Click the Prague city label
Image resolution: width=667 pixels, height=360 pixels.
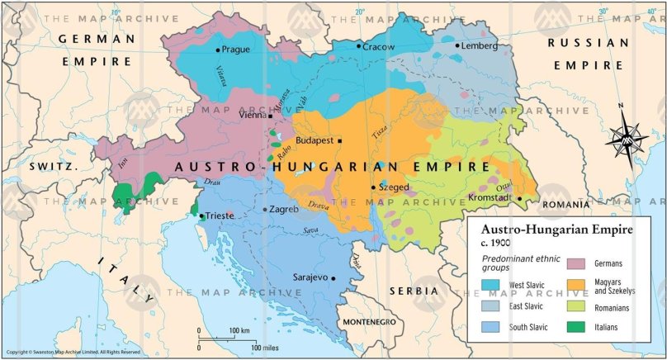(235, 50)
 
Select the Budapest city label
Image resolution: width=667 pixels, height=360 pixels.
(314, 140)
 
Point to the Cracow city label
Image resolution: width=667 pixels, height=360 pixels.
(380, 46)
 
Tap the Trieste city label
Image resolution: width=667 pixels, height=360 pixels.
(220, 216)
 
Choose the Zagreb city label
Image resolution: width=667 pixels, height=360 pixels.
(284, 209)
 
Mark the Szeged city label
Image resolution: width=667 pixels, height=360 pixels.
(394, 187)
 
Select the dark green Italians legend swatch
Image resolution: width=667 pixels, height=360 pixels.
(575, 327)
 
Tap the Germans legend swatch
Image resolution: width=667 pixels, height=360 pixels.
(575, 263)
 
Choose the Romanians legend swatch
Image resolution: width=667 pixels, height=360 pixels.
(575, 307)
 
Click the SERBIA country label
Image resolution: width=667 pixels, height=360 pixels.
(416, 291)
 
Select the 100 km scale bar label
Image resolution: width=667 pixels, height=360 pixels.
(239, 330)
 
